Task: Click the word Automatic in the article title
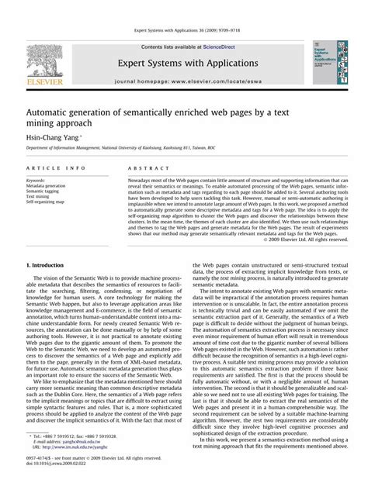click(x=54, y=105)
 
